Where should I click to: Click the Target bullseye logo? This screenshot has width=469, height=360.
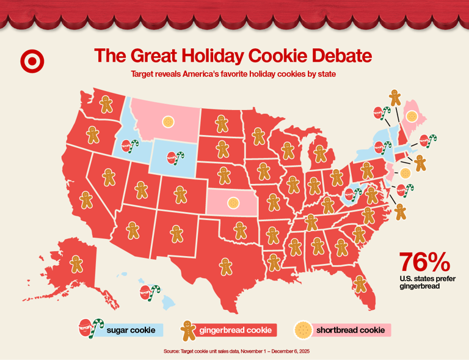click(x=32, y=61)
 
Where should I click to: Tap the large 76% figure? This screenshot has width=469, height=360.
click(x=425, y=262)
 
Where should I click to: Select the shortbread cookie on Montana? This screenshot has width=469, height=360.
click(x=166, y=122)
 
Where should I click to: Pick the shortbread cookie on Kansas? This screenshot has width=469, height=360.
click(x=232, y=202)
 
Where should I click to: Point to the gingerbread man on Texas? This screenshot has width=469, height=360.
click(x=226, y=266)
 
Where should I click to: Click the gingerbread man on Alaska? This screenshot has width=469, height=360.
click(x=76, y=264)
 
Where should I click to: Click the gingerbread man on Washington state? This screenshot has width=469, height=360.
click(x=107, y=104)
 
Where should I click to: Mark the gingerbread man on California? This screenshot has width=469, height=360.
click(x=86, y=200)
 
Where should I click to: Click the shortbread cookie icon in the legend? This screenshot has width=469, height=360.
click(x=302, y=330)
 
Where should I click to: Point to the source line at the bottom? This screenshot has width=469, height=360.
click(x=241, y=351)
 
